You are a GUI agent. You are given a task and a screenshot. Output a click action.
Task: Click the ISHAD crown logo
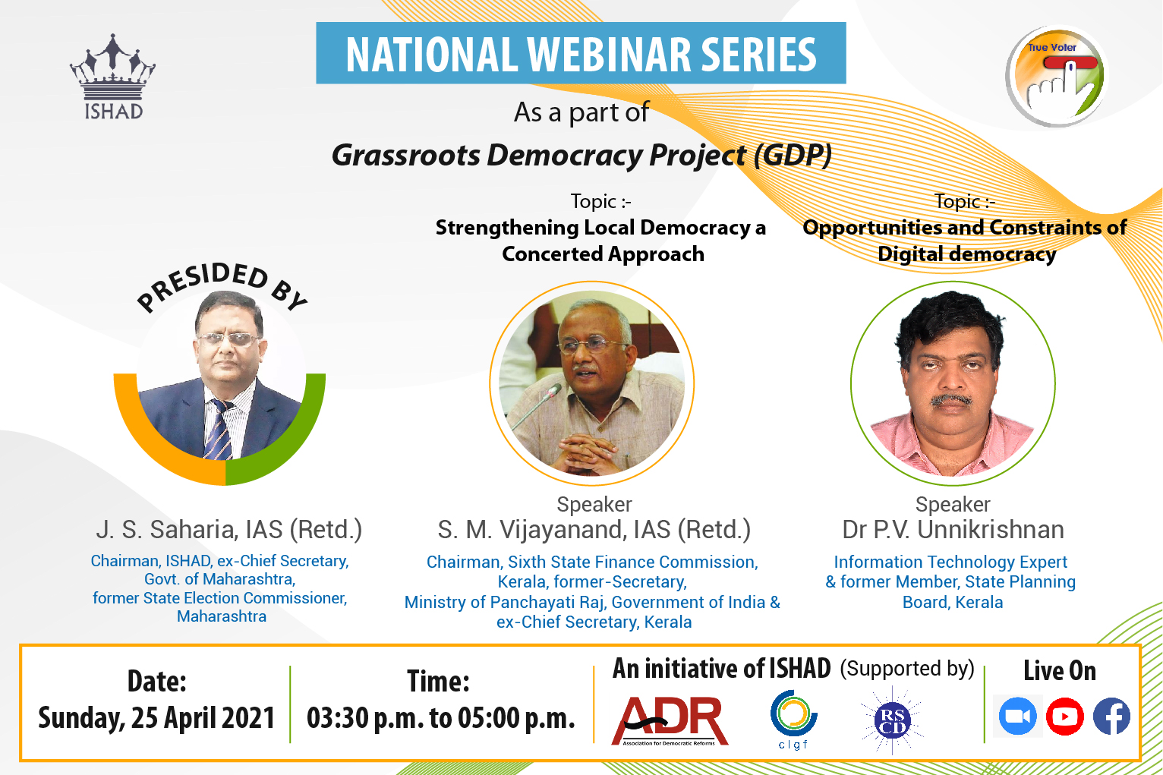112,77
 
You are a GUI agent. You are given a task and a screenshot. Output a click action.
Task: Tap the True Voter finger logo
1057,77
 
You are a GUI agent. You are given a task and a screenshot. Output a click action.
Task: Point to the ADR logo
670,720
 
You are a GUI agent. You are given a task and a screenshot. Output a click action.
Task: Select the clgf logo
793,720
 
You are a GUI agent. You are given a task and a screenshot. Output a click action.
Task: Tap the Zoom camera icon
1017,717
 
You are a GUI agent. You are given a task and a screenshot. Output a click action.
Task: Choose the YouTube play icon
1064,717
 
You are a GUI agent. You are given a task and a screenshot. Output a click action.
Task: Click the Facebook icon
1111,717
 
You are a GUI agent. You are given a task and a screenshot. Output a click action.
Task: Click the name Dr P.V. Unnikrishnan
953,530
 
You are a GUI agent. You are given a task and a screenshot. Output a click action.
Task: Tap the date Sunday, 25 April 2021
156,718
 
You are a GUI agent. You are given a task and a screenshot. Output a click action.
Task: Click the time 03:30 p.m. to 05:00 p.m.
441,718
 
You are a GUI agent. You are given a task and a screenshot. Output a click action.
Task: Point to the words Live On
1060,671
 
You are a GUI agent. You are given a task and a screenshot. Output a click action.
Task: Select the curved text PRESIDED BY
221,285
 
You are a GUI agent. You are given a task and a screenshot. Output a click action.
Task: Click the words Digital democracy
966,254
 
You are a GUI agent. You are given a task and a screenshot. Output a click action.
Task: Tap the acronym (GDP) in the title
793,155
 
